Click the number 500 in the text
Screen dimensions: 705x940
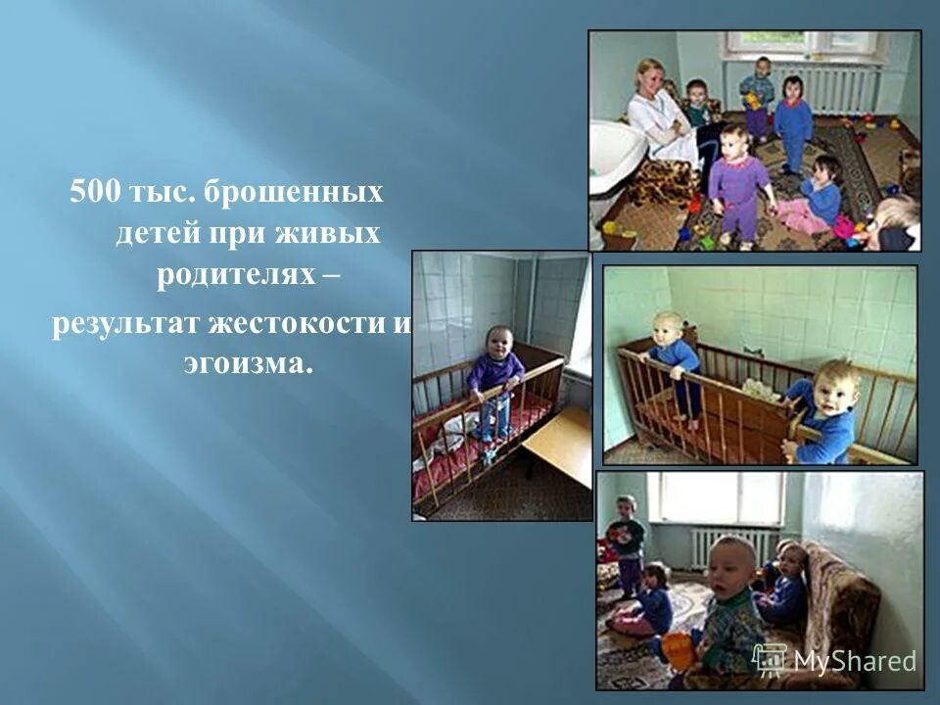click(x=93, y=192)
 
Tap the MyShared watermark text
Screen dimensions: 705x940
click(x=855, y=661)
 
